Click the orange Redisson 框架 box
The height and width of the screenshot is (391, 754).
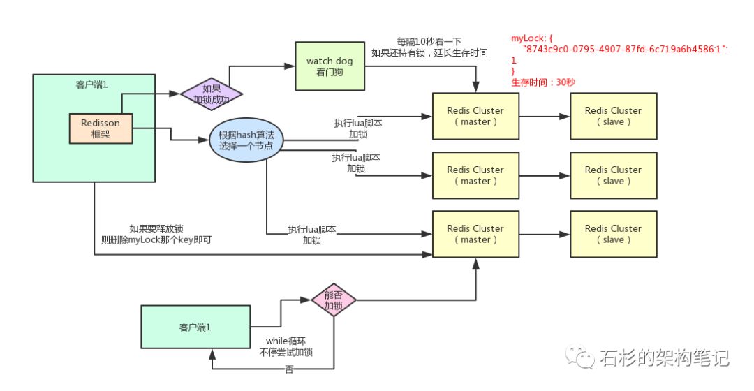point(100,128)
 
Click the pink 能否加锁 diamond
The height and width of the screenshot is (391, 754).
point(333,300)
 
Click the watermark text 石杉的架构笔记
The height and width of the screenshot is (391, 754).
point(664,358)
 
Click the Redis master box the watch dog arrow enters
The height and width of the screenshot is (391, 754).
point(475,117)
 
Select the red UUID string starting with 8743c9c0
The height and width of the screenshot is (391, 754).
point(625,52)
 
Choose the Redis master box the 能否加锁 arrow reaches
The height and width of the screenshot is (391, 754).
point(475,234)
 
